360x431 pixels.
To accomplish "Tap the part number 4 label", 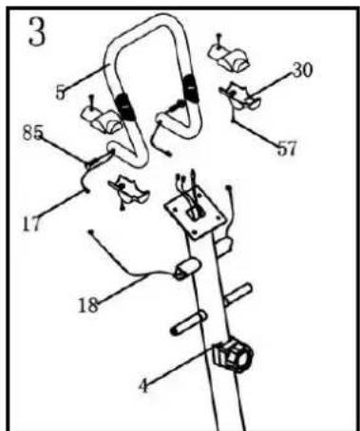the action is [x=143, y=388].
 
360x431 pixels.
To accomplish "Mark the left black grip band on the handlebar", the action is [x=123, y=103].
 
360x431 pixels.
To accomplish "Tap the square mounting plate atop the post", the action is [x=196, y=214].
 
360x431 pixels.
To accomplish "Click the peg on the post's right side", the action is [x=238, y=290].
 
